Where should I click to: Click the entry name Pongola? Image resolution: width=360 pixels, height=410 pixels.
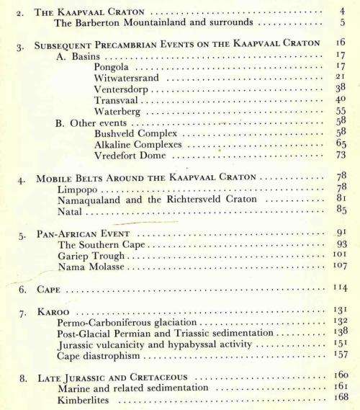(114, 66)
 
